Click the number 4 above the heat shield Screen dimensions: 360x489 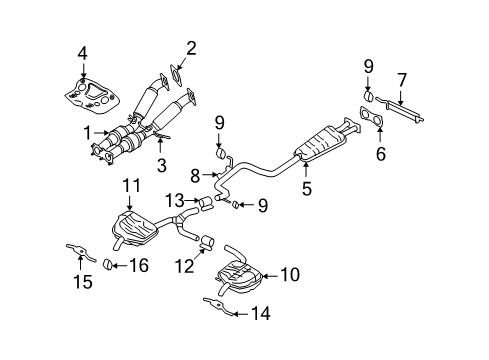click(84, 53)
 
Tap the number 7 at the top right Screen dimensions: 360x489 click(400, 78)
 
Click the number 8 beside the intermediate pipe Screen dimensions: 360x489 click(196, 175)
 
